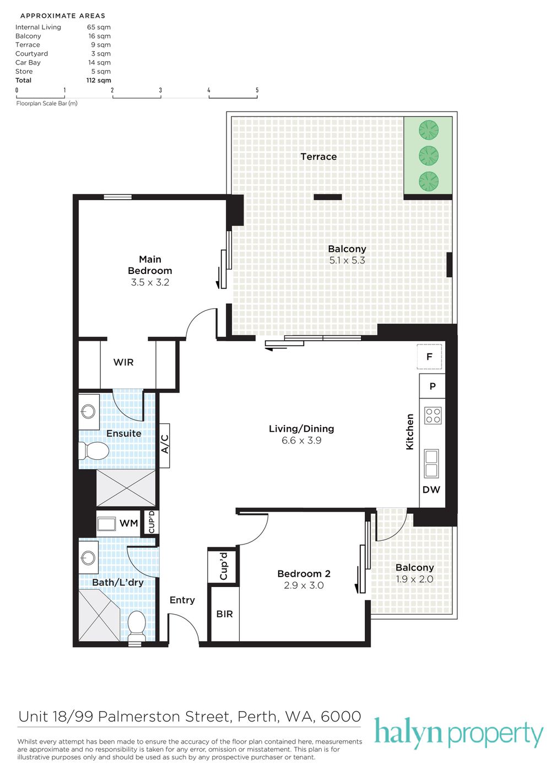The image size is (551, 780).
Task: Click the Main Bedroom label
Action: (x=150, y=265)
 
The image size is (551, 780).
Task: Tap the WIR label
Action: (x=123, y=363)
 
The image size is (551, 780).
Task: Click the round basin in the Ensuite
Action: (x=88, y=412)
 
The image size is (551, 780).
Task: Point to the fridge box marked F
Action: (x=430, y=356)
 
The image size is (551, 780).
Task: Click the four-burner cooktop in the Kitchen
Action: (x=433, y=416)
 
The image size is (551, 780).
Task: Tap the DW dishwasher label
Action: (x=431, y=489)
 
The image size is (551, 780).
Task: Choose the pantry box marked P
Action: (x=433, y=386)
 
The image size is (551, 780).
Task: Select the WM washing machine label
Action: (x=129, y=523)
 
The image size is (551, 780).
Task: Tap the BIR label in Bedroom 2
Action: (x=224, y=614)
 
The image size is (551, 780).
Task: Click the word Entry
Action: (x=182, y=600)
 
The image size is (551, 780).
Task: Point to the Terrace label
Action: (x=318, y=157)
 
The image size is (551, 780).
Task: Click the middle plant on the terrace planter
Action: (x=429, y=155)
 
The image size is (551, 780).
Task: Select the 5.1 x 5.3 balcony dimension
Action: (x=347, y=260)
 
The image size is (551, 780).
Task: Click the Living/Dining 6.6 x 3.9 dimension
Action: (x=301, y=440)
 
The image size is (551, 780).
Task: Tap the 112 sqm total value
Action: (x=99, y=80)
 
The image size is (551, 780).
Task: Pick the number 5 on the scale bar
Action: (x=257, y=90)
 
